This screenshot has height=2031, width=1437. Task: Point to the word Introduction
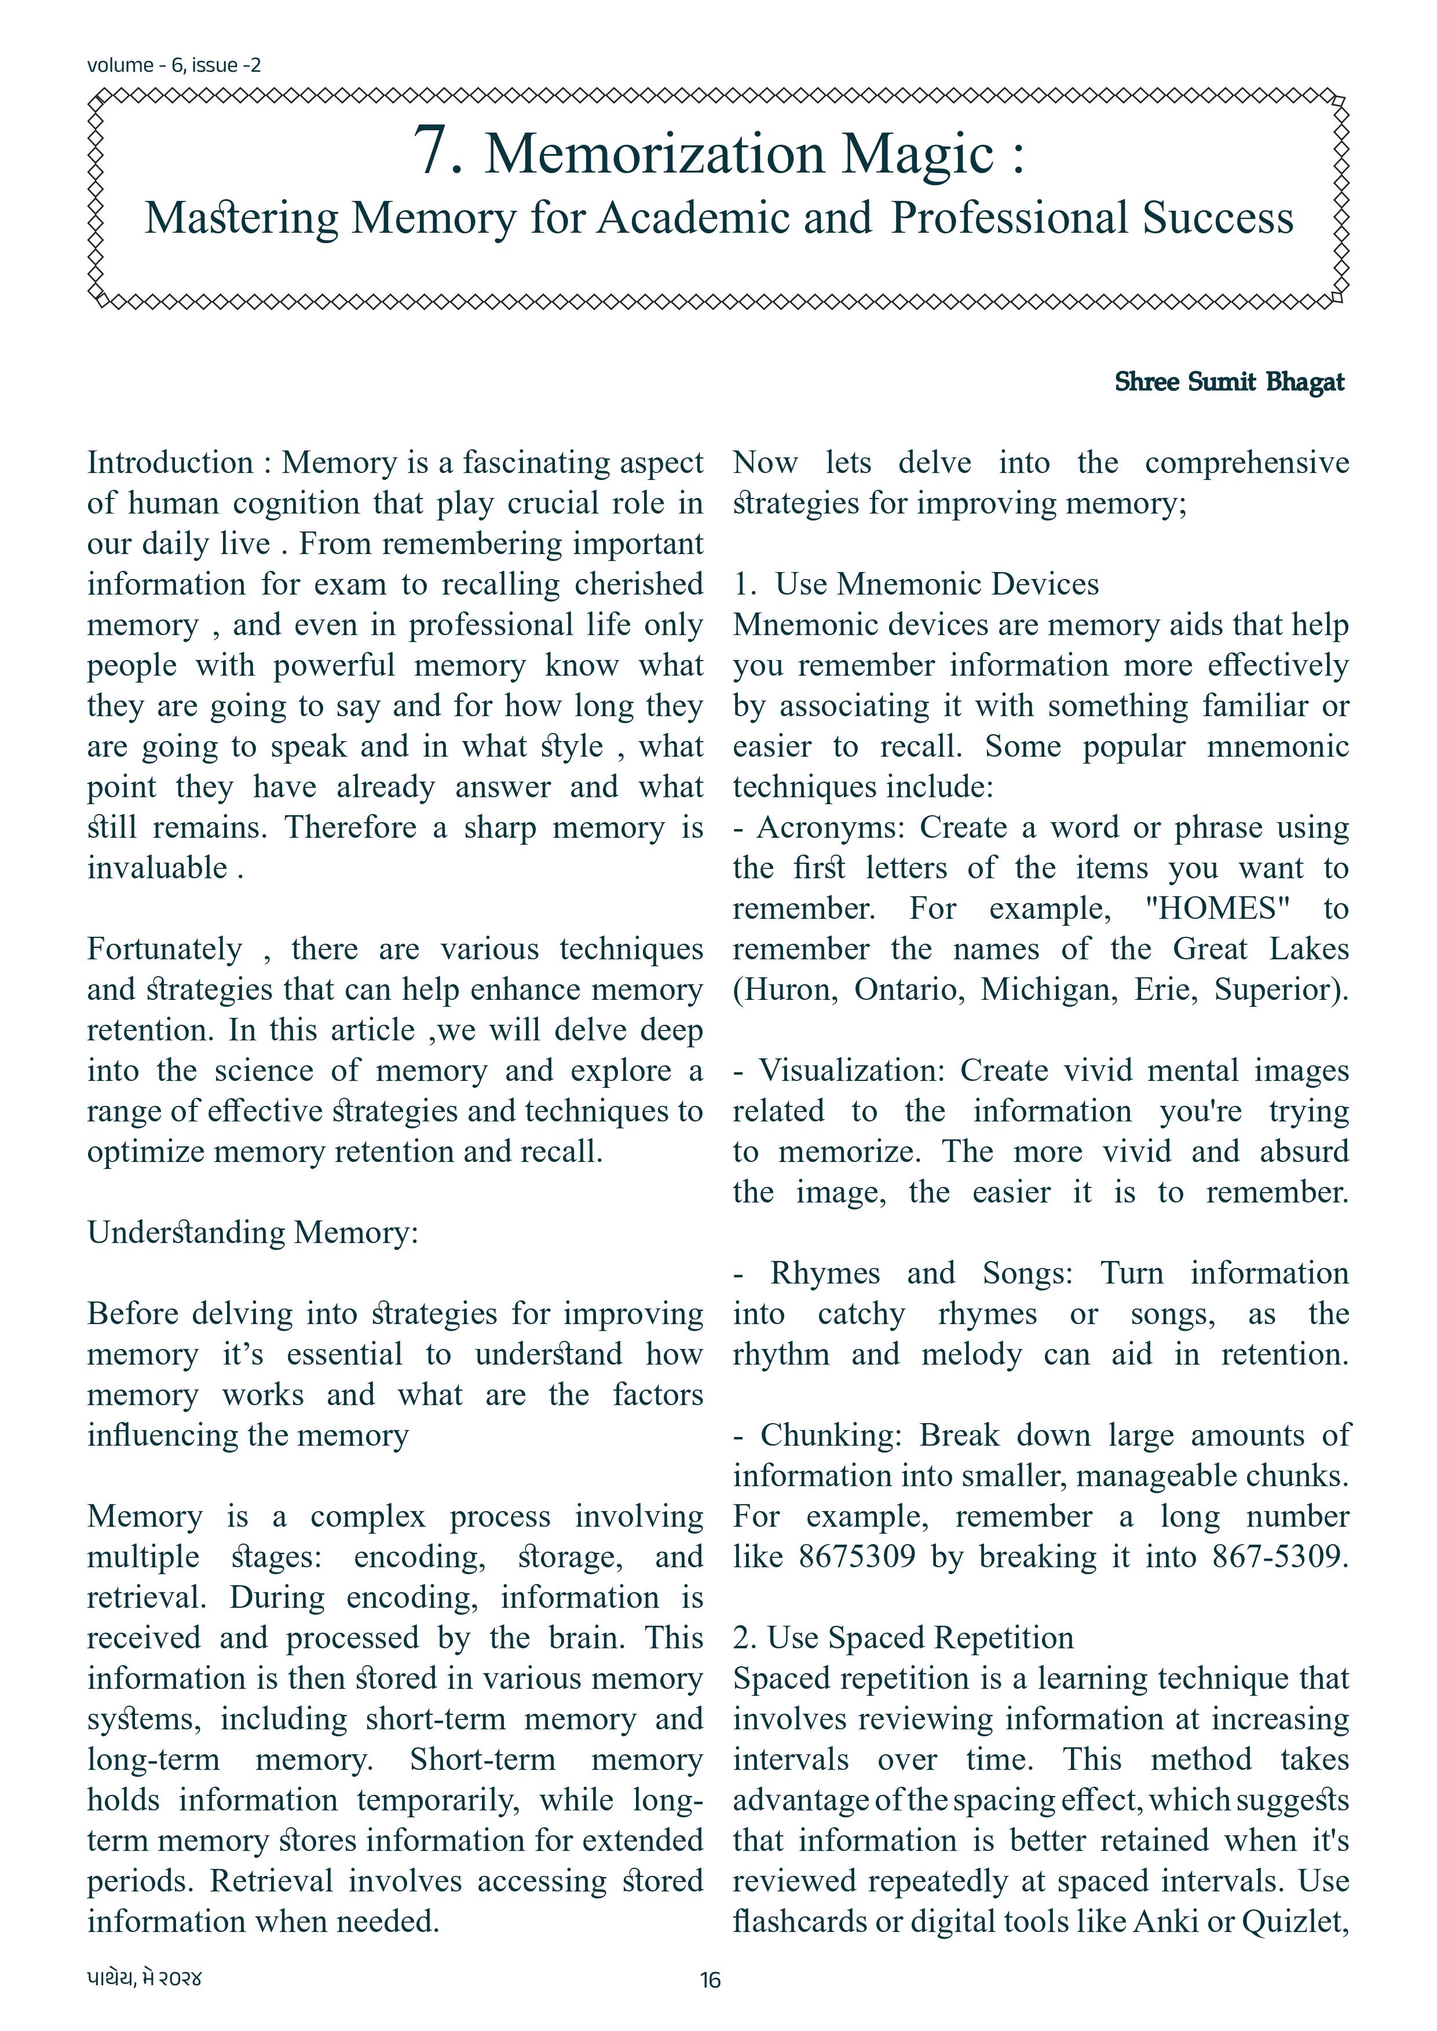click(170, 463)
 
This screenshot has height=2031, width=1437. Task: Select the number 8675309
click(857, 1556)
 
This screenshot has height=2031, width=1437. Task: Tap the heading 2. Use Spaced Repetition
click(902, 1637)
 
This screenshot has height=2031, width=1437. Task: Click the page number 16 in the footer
click(711, 1979)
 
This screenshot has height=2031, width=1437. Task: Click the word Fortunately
click(164, 949)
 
